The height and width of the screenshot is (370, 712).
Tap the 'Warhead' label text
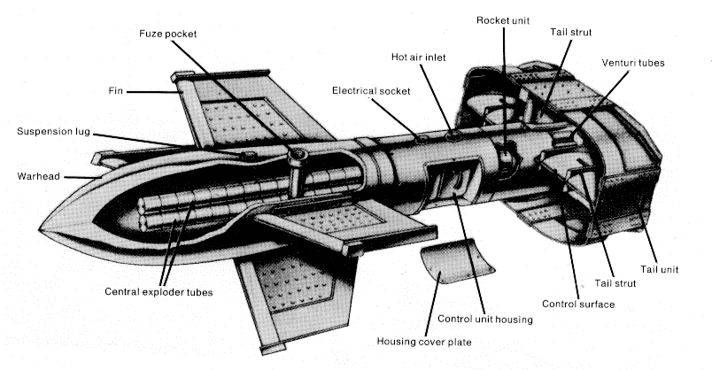click(36, 176)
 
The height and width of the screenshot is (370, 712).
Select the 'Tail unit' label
click(661, 269)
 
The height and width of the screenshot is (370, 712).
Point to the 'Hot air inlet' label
click(418, 58)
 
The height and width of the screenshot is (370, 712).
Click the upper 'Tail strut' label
click(569, 33)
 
